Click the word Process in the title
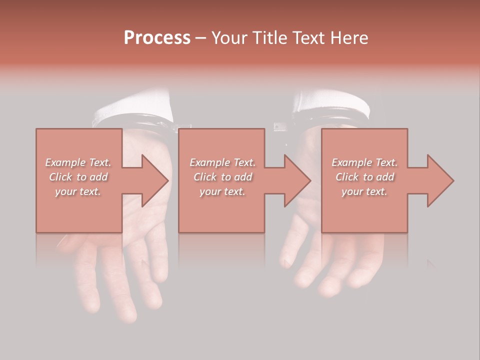click(157, 38)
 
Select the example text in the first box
click(78, 177)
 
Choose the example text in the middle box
click(222, 177)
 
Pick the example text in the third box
click(364, 177)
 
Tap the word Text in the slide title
click(304, 38)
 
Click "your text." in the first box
click(78, 191)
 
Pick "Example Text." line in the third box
click(364, 162)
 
